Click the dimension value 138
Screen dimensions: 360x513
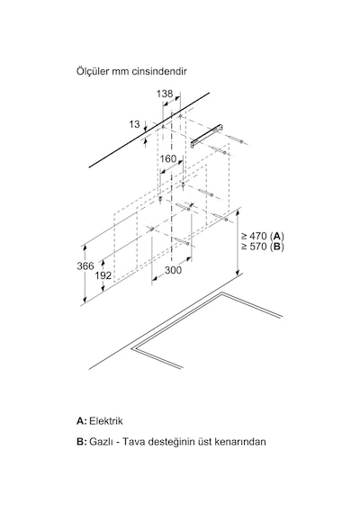[165, 94]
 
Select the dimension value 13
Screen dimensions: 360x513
[134, 124]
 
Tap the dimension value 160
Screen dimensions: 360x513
[168, 159]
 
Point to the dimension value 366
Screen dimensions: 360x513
[85, 266]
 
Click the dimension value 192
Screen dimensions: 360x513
[103, 275]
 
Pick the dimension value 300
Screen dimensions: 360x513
[173, 270]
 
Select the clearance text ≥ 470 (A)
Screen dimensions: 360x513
[263, 236]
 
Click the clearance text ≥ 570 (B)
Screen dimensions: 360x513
[263, 247]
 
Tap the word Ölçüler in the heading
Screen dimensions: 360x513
[93, 71]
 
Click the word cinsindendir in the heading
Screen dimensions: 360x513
[159, 71]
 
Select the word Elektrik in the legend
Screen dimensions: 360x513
[106, 420]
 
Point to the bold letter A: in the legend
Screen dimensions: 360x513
[82, 420]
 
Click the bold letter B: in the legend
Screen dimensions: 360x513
[82, 442]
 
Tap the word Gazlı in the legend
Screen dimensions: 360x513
[100, 442]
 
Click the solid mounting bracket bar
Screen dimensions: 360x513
[208, 136]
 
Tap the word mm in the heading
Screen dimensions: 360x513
[121, 72]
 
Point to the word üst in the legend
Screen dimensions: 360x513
[205, 442]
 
